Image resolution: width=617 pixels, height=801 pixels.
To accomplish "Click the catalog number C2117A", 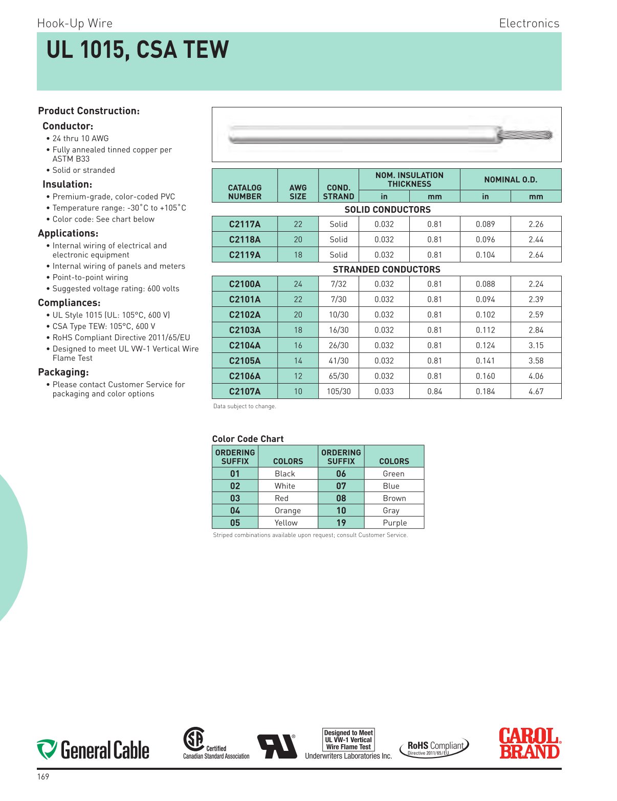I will point(245,224).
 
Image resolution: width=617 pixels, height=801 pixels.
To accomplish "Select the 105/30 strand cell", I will point(338,391).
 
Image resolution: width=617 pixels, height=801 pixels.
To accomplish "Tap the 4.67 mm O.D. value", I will point(536,391).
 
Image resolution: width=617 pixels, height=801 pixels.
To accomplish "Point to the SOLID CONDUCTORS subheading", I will point(387,210).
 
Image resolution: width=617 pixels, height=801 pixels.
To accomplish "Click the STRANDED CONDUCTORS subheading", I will point(386,270).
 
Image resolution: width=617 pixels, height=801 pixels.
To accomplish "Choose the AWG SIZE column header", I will point(298,192).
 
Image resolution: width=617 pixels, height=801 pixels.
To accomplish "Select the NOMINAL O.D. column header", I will point(510,180).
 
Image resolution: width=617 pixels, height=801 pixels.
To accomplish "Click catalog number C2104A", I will point(245,345).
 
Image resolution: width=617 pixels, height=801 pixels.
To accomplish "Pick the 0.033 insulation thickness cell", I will point(384,391).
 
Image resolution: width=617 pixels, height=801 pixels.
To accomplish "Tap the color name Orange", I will point(288,510).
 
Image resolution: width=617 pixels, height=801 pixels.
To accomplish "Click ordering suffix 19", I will point(341,523).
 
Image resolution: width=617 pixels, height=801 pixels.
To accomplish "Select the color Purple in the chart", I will point(394,523).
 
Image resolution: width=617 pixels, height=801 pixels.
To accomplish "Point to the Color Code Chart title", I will point(248,439).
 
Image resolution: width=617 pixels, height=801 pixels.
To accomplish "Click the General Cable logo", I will point(93,750).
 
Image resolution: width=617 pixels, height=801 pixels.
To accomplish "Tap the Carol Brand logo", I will point(530,743).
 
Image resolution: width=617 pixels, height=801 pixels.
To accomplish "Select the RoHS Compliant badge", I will point(434,748).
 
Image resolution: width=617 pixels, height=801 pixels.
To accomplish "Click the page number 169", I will point(43,777).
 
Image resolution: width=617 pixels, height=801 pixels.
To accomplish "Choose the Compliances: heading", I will point(69,303).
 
